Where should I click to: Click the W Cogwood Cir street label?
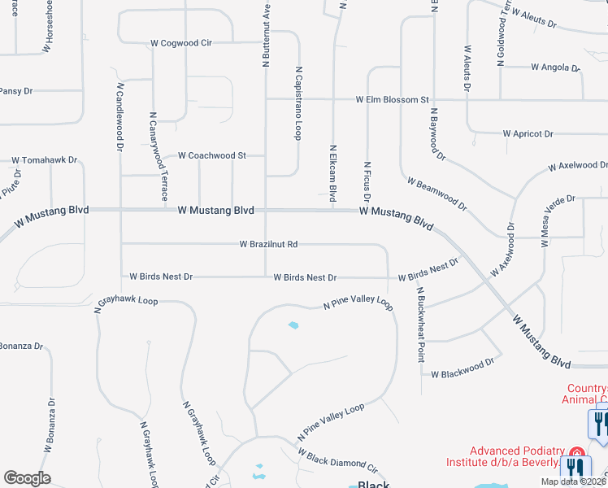pyautogui.click(x=180, y=43)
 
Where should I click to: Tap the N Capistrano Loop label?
pyautogui.click(x=299, y=103)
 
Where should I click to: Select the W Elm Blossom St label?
pyautogui.click(x=392, y=100)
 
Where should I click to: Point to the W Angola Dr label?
pyautogui.click(x=555, y=68)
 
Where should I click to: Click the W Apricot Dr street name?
pyautogui.click(x=528, y=133)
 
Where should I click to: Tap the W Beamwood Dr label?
pyautogui.click(x=437, y=194)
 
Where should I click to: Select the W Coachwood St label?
pyautogui.click(x=211, y=155)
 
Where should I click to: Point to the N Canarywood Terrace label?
pyautogui.click(x=158, y=156)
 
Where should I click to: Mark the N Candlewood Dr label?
pyautogui.click(x=119, y=116)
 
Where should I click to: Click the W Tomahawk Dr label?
pyautogui.click(x=44, y=160)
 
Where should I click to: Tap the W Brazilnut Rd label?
pyautogui.click(x=268, y=243)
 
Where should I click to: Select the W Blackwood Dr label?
pyautogui.click(x=462, y=367)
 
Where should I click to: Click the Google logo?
pyautogui.click(x=27, y=478)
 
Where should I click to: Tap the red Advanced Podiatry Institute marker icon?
pyautogui.click(x=577, y=452)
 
